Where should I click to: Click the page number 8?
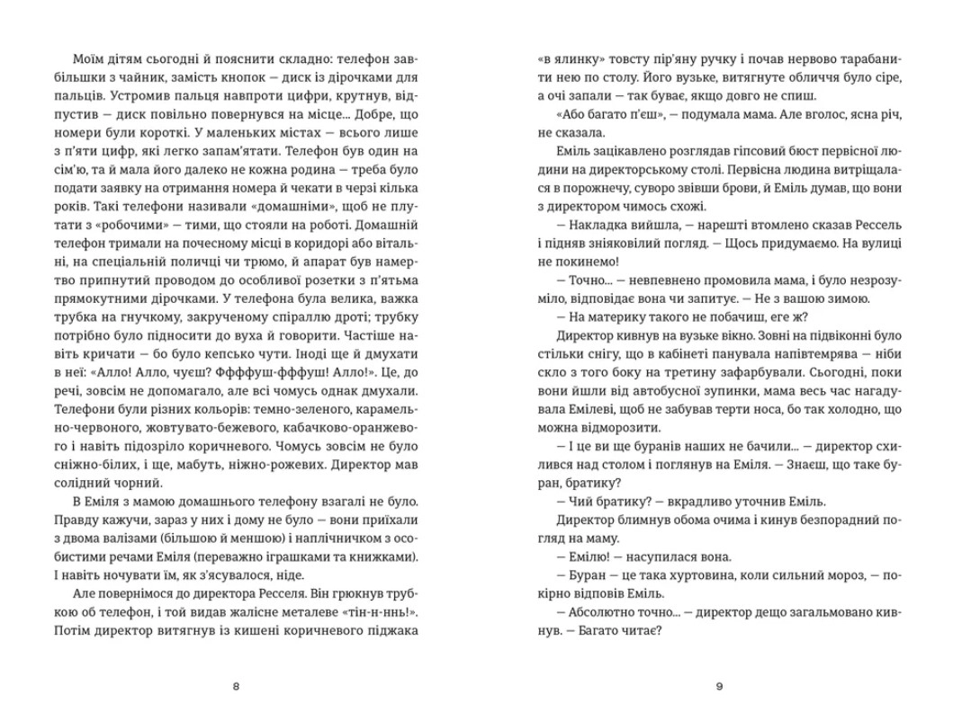236,687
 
